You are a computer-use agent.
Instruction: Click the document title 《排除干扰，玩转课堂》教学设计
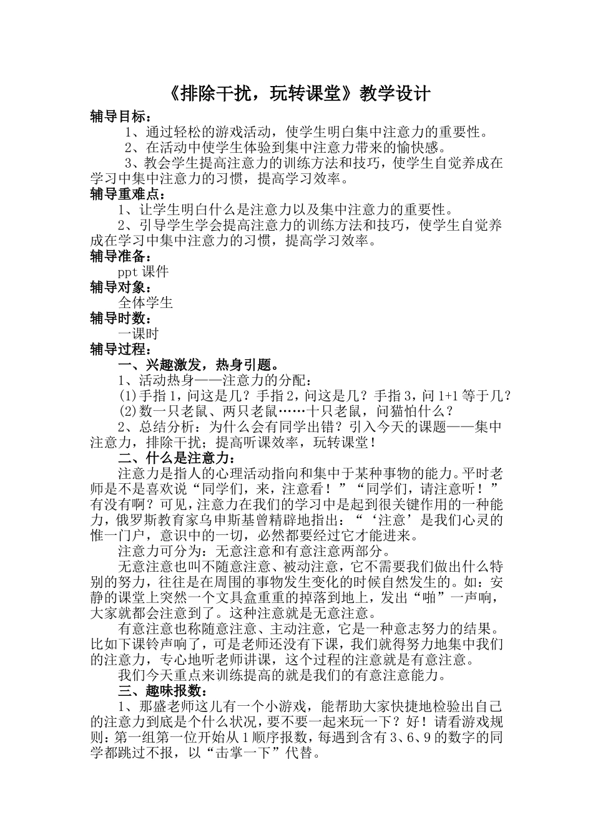300,94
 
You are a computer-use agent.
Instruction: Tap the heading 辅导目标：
120,117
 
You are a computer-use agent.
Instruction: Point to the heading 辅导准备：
120,256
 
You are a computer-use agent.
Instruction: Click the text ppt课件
143,272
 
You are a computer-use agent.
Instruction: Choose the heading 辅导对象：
120,287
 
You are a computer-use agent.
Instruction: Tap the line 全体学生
145,303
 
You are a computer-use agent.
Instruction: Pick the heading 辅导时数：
120,319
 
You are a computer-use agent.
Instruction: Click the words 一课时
139,334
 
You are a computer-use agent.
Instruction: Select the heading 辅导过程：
120,350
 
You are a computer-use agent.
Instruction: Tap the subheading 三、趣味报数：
161,691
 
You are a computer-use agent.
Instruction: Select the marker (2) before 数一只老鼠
127,412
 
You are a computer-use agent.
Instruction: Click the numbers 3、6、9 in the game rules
412,738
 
